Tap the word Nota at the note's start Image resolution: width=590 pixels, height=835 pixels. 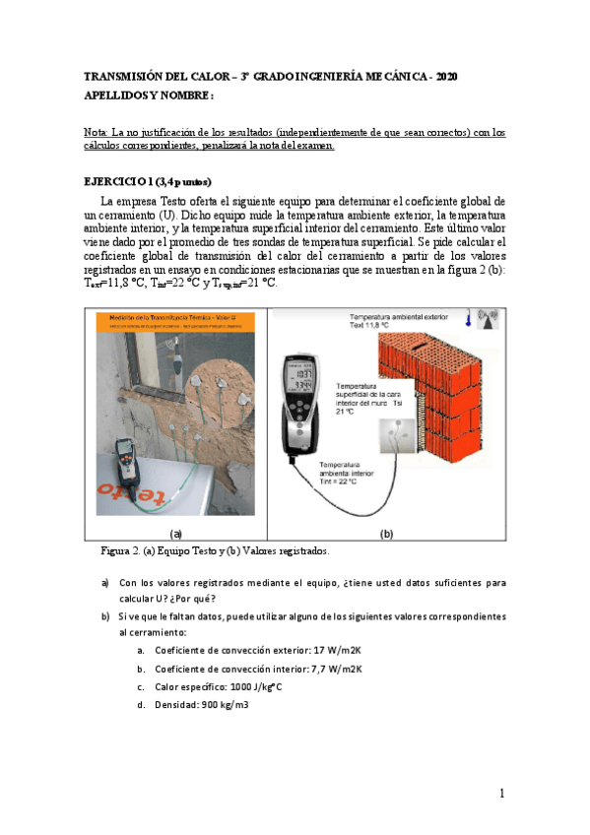pyautogui.click(x=97, y=132)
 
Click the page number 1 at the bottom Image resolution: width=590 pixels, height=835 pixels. pyautogui.click(x=500, y=793)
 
